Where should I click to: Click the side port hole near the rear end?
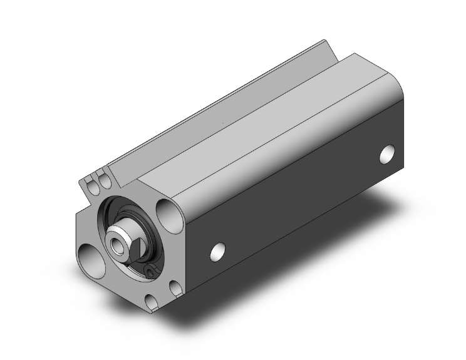(x=388, y=153)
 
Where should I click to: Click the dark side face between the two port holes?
(x=301, y=200)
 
